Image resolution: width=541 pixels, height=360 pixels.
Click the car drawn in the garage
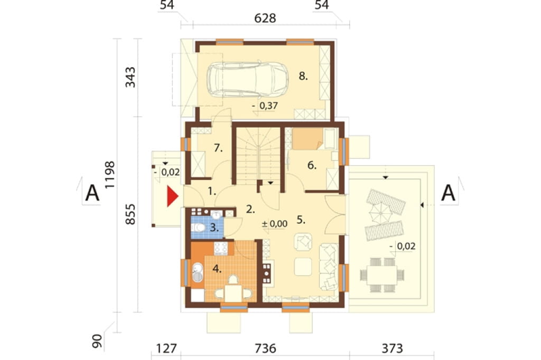(x=247, y=80)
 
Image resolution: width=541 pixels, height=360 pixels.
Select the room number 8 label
(x=303, y=76)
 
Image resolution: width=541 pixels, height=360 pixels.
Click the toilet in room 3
(x=198, y=228)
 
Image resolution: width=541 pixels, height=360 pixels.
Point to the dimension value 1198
(x=110, y=175)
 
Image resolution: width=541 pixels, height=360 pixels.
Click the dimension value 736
(x=265, y=348)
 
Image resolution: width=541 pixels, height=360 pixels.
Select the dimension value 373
(x=392, y=348)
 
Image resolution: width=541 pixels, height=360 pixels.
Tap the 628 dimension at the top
(x=265, y=18)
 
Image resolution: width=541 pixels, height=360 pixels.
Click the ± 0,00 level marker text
(x=275, y=224)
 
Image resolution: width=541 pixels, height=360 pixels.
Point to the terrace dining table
(x=381, y=275)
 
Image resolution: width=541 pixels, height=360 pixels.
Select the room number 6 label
(x=312, y=166)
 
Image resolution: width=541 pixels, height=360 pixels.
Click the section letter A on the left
(x=92, y=193)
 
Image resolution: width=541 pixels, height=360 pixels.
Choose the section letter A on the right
(x=448, y=193)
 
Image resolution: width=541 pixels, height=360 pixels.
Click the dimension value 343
(x=130, y=77)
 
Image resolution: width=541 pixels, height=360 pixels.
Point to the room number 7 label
(x=218, y=148)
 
